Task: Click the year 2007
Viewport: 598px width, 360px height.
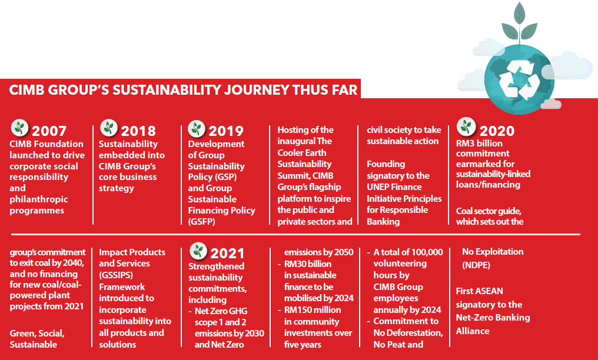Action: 49,131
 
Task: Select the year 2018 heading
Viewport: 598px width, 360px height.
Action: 138,131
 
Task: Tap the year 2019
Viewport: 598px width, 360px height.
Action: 226,131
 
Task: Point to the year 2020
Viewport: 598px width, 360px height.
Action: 497,131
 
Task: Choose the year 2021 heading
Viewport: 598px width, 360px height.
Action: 227,254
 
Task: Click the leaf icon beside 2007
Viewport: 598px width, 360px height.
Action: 20,128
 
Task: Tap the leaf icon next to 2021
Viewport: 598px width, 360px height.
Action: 198,251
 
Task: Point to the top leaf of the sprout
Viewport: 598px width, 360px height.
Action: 519,14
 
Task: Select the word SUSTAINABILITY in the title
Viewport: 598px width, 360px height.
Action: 167,90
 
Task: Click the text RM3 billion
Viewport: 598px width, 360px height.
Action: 479,144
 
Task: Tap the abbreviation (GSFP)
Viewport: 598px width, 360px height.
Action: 202,221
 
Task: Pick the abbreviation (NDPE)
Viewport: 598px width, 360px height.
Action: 476,265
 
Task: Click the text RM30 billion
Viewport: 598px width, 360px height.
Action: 308,264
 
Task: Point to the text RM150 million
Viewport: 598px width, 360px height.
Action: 313,310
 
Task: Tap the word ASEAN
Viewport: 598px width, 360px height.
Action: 489,291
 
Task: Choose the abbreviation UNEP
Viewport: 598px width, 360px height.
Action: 378,187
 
